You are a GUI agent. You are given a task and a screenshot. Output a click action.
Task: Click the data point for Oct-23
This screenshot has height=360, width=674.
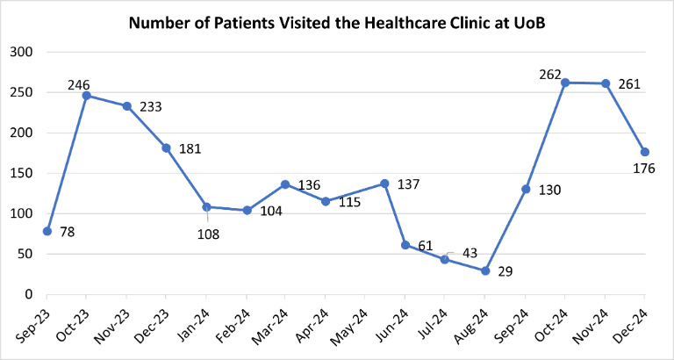click(x=87, y=95)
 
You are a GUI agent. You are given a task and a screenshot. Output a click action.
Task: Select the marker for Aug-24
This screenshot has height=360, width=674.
click(x=485, y=270)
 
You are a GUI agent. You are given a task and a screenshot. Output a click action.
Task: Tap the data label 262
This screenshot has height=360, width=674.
click(x=549, y=75)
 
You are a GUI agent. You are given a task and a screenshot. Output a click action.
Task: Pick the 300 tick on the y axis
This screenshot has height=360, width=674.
click(x=22, y=53)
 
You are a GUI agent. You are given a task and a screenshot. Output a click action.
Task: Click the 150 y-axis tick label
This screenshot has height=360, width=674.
click(x=22, y=173)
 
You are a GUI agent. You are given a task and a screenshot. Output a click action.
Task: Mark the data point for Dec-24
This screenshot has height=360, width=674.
click(x=645, y=152)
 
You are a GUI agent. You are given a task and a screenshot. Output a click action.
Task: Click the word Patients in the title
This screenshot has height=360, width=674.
click(x=231, y=22)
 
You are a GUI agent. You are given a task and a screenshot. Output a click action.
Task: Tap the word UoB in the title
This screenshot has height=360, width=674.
click(x=527, y=22)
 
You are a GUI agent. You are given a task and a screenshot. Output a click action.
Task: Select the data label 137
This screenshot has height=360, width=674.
click(x=409, y=184)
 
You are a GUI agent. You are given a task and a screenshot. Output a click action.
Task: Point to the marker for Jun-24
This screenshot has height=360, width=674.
click(x=405, y=245)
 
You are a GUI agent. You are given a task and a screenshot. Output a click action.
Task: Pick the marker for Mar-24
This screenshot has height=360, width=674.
click(x=285, y=184)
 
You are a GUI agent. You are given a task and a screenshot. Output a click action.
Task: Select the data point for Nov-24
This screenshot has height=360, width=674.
click(x=605, y=83)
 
